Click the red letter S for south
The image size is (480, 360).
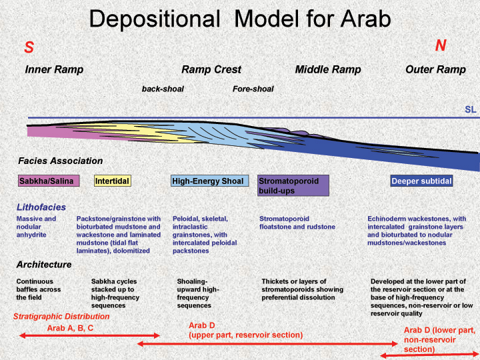coord(29,47)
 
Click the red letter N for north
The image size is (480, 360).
coord(441,45)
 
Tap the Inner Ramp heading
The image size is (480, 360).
coord(54,69)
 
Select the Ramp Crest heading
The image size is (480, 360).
coord(211,69)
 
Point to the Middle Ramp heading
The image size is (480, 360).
coord(328,69)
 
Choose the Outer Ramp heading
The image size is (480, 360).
coord(435,69)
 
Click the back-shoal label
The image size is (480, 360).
coord(163,89)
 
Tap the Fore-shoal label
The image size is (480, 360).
coord(253,89)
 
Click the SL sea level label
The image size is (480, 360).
coord(471,109)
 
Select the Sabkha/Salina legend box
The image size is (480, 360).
coord(49,181)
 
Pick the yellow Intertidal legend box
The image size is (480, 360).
coord(113,181)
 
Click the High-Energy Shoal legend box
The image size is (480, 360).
coord(210,181)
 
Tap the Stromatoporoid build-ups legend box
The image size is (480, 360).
coord(293,185)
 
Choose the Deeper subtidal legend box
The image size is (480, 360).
coord(421,181)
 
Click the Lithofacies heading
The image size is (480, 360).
coord(41,207)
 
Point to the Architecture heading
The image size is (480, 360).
coord(44,265)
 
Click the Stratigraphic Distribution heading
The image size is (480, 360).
coord(61,317)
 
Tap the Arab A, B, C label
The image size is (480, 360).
coord(70,328)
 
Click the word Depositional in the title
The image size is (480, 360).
coord(155,19)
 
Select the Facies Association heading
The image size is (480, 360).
coord(60,161)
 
